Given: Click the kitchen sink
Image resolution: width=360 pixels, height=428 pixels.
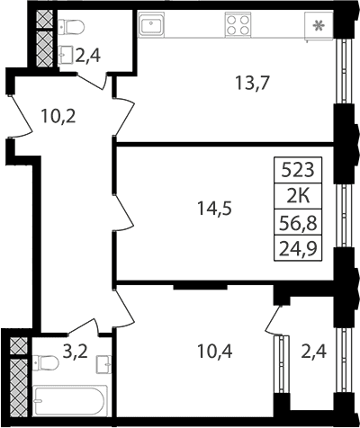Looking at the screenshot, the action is [x=151, y=24].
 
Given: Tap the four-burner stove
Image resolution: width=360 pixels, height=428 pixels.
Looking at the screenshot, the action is [x=238, y=24].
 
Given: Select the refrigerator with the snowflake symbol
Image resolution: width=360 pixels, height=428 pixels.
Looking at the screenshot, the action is [x=319, y=26].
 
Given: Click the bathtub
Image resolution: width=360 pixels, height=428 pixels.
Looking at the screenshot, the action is [x=70, y=401].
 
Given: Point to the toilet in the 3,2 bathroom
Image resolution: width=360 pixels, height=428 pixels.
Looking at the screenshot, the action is [x=46, y=363].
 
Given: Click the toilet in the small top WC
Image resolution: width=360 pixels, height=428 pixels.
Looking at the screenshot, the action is [x=71, y=27].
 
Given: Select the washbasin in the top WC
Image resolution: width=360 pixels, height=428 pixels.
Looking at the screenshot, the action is [x=66, y=55].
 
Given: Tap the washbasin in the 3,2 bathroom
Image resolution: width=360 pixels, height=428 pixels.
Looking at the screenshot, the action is [x=103, y=364].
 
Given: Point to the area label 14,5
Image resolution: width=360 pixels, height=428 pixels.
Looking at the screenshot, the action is [x=214, y=209].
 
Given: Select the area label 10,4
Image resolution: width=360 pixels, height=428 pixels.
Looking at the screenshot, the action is [x=214, y=351].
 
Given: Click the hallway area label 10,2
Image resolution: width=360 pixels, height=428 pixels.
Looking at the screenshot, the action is [x=58, y=116].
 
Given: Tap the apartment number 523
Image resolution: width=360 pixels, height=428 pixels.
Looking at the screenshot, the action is [x=298, y=170].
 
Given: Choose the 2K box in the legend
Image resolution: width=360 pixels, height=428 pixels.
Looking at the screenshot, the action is [x=298, y=196].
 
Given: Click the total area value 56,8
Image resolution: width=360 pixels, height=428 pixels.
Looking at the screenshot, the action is [x=298, y=223].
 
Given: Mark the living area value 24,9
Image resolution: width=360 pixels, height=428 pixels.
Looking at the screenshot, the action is [x=298, y=249].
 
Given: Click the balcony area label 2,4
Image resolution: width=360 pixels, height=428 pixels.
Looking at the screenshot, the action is [x=314, y=351].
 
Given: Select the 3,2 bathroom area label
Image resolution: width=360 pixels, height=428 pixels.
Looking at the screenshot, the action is [x=75, y=351].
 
